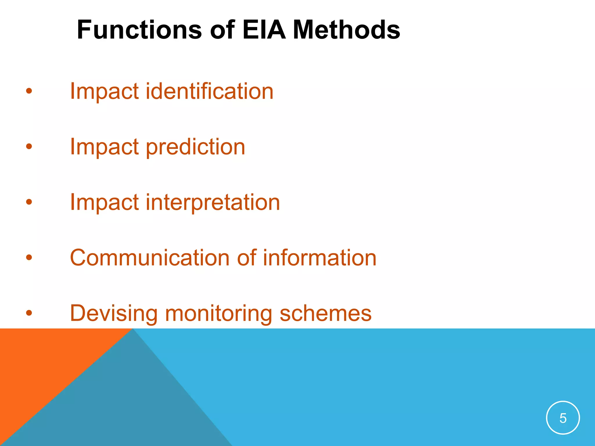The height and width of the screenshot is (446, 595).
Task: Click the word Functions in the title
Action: (x=139, y=30)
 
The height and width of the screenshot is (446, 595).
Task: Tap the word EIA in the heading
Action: (x=264, y=30)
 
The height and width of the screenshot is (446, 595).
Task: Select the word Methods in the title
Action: (x=346, y=30)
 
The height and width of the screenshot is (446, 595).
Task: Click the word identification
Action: (x=209, y=91)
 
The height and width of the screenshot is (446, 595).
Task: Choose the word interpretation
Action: (x=213, y=202)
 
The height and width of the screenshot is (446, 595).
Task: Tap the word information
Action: (x=320, y=258)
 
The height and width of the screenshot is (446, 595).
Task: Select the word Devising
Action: (x=114, y=314)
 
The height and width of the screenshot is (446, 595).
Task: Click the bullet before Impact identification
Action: (x=29, y=91)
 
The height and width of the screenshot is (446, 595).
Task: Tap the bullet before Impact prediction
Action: (x=29, y=147)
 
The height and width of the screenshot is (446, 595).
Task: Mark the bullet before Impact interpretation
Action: (x=29, y=202)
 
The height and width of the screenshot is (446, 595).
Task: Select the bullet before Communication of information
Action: (x=29, y=257)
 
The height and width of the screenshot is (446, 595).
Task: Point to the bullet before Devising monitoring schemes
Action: (x=29, y=313)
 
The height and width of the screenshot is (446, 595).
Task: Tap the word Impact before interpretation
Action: (x=104, y=202)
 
